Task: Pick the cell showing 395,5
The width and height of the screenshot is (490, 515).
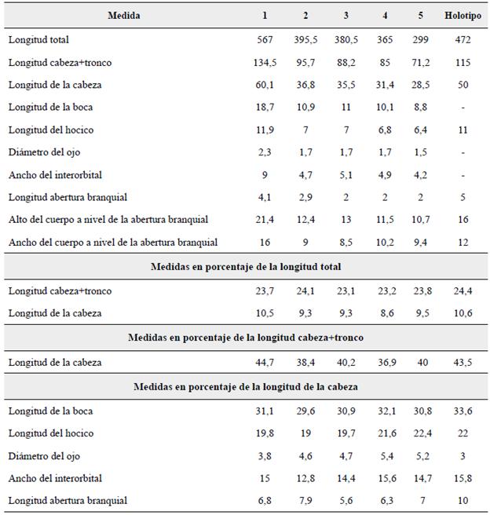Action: (307, 38)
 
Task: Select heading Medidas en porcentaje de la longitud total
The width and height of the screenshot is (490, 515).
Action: (245, 267)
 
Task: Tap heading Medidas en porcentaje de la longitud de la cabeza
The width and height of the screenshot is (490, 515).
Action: (245, 385)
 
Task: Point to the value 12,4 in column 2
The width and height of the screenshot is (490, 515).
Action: (307, 219)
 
